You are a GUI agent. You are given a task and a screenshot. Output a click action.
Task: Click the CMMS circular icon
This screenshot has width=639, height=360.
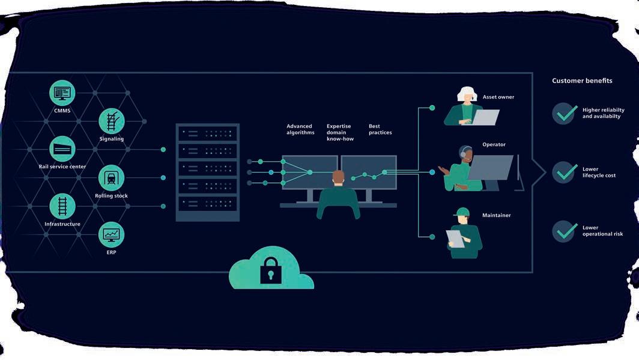pyautogui.click(x=62, y=93)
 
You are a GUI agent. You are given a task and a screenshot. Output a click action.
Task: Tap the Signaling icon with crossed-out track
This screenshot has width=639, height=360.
pyautogui.click(x=112, y=121)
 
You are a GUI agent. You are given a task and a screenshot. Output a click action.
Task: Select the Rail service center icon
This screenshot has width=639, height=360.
pyautogui.click(x=62, y=148)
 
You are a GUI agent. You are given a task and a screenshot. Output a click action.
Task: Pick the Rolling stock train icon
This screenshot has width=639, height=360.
pyautogui.click(x=112, y=177)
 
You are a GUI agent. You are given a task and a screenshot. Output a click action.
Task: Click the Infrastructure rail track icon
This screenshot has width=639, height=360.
pyautogui.click(x=62, y=206)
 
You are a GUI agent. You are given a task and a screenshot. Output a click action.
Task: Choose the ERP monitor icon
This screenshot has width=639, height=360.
pyautogui.click(x=112, y=234)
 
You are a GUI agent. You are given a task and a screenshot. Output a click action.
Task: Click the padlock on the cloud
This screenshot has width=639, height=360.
pyautogui.click(x=270, y=270)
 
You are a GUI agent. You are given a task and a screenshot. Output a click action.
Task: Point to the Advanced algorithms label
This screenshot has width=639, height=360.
pyautogui.click(x=300, y=129)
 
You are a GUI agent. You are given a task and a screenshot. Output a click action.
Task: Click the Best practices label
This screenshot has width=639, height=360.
pyautogui.click(x=380, y=129)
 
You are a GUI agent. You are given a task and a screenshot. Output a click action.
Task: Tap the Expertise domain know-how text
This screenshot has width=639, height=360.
pyautogui.click(x=340, y=132)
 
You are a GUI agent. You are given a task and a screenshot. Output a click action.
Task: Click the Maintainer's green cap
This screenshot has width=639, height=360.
pyautogui.click(x=462, y=212)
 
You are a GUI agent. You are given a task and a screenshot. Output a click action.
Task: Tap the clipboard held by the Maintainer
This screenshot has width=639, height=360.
pyautogui.click(x=455, y=239)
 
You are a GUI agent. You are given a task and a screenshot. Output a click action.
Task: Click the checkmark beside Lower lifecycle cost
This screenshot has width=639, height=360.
pyautogui.click(x=565, y=172)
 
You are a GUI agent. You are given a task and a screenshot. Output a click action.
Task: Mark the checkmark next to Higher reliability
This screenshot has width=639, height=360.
pyautogui.click(x=565, y=113)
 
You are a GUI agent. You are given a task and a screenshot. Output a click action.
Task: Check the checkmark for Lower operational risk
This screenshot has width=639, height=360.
pyautogui.click(x=565, y=231)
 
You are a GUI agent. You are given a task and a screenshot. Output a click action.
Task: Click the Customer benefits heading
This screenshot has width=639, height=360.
pyautogui.click(x=582, y=81)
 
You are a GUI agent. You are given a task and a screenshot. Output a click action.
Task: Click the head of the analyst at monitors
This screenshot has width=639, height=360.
pyautogui.click(x=339, y=177)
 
